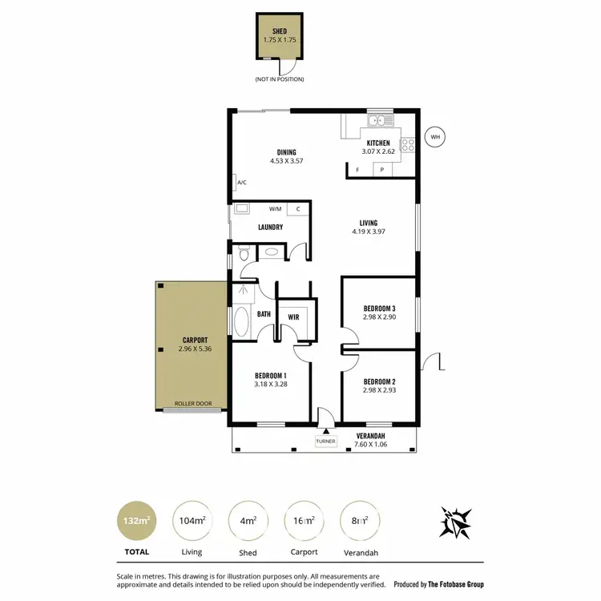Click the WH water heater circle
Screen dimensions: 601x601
[x=435, y=137]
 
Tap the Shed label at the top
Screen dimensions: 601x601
[x=280, y=31]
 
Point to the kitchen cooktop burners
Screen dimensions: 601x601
[x=407, y=145]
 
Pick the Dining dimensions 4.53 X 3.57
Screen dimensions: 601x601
[x=286, y=161]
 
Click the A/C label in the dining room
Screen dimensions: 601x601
[x=241, y=183]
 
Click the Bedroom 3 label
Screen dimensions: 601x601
[x=379, y=309]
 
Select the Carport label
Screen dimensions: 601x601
[x=195, y=340]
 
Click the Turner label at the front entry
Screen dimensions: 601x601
[x=325, y=441]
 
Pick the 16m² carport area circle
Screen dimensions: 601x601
[x=304, y=520]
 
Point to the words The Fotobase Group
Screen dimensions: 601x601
[x=457, y=584]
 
